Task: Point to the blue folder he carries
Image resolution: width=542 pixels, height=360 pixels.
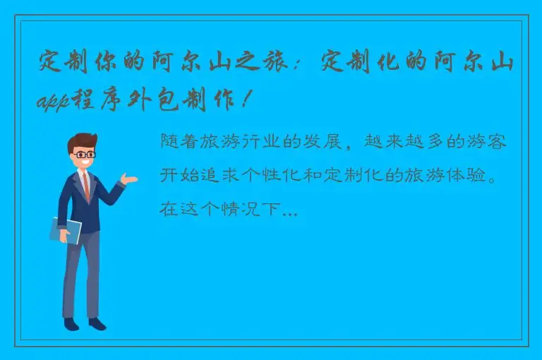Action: coord(66,229)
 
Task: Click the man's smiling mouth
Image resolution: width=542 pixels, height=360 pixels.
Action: coord(85,162)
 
